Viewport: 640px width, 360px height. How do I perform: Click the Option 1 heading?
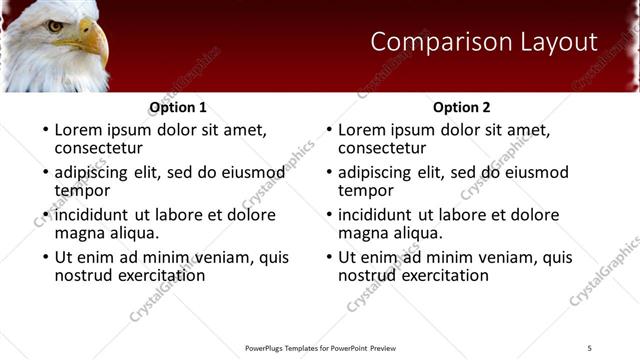coord(178,107)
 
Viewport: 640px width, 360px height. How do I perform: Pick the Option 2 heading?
coord(461,107)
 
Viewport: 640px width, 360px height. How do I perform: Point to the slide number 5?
coord(589,347)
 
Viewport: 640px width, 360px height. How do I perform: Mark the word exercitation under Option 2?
coord(442,275)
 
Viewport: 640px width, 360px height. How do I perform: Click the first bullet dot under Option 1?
coord(44,130)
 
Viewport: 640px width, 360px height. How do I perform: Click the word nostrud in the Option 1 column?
coord(83,275)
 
